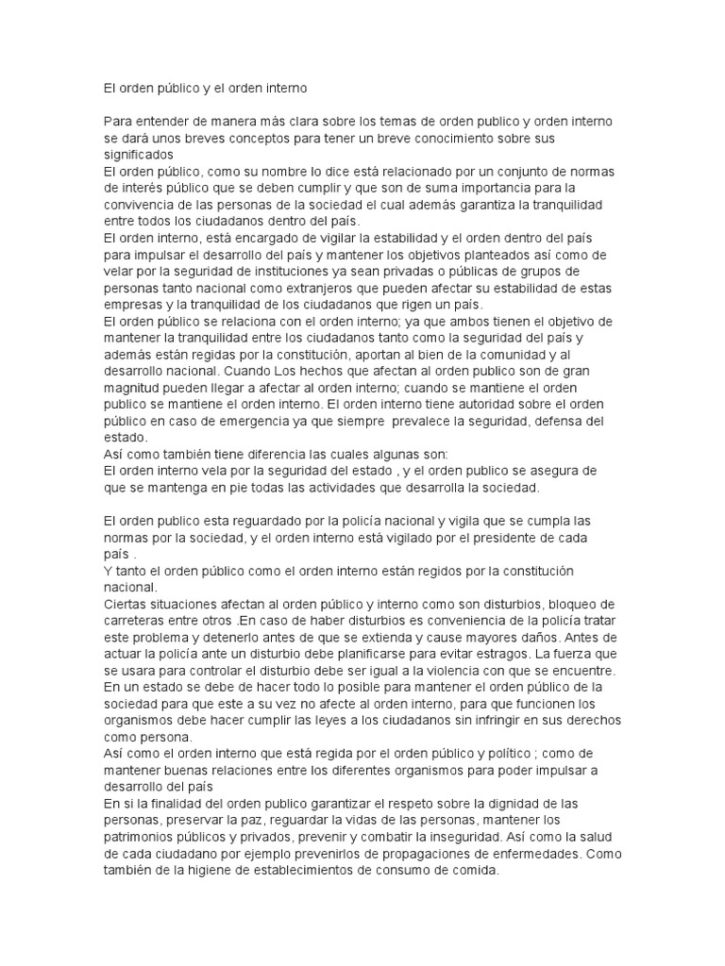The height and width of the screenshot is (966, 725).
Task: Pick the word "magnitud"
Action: (x=135, y=388)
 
